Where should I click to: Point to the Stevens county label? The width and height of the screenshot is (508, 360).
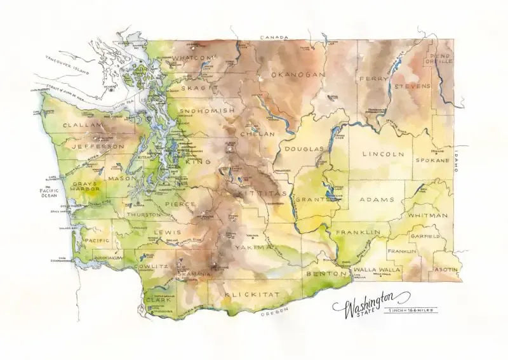click(x=412, y=86)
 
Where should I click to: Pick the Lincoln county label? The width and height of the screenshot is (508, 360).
click(x=383, y=154)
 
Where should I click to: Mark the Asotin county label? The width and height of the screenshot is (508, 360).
click(x=445, y=269)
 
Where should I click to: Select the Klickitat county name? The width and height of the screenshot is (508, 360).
click(x=248, y=296)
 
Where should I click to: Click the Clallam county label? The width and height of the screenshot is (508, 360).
click(x=83, y=126)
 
